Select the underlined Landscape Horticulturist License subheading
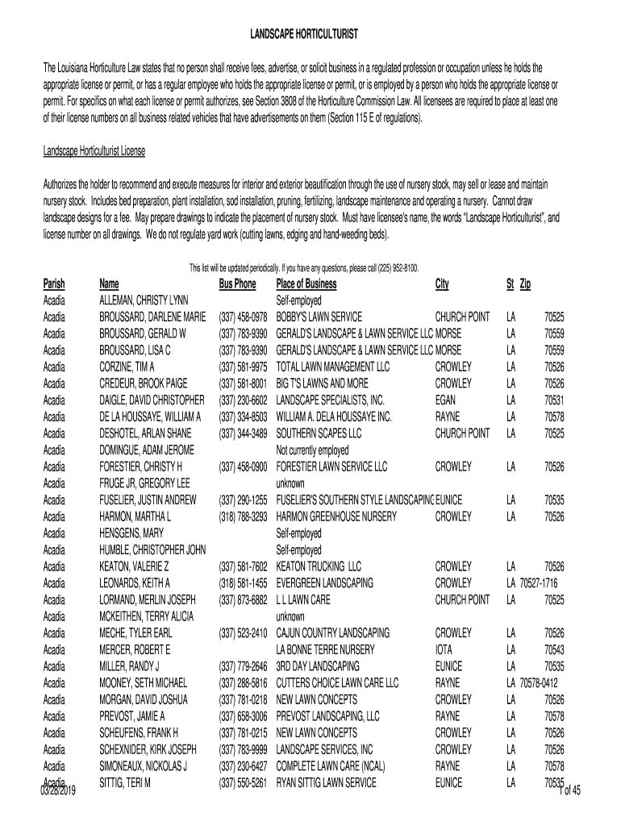tap(94, 151)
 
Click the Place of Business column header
tap(306, 284)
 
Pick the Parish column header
tap(54, 284)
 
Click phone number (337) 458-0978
tap(243, 317)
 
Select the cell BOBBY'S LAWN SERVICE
tap(319, 317)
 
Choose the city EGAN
tap(448, 400)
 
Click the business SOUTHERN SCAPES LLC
tap(319, 433)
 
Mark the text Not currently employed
tap(313, 450)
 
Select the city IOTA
tap(444, 649)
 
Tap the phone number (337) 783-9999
tap(243, 748)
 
